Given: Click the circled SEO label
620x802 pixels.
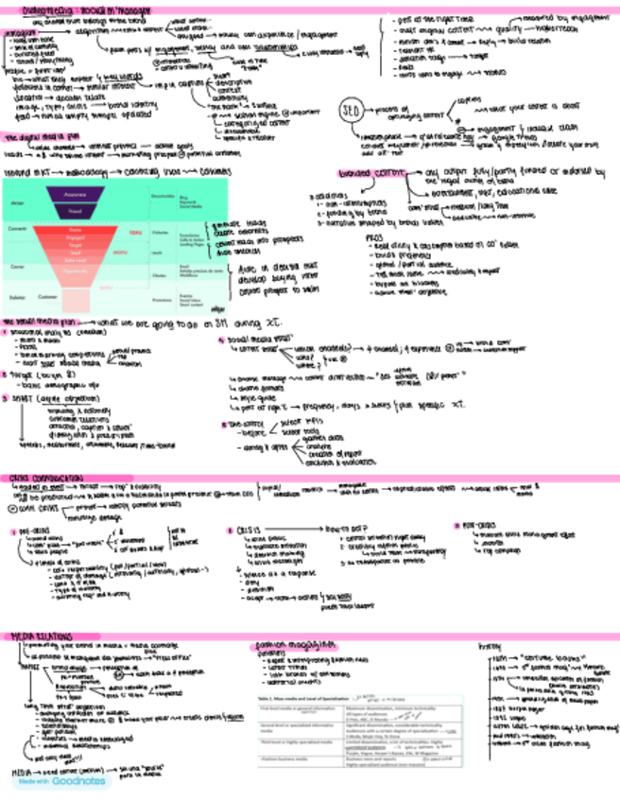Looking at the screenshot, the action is click(347, 107).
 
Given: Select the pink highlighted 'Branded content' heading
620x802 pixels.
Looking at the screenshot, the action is click(370, 176).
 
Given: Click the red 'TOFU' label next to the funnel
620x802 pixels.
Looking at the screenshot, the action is click(134, 232).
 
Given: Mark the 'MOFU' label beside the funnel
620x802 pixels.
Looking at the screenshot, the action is click(120, 253).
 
